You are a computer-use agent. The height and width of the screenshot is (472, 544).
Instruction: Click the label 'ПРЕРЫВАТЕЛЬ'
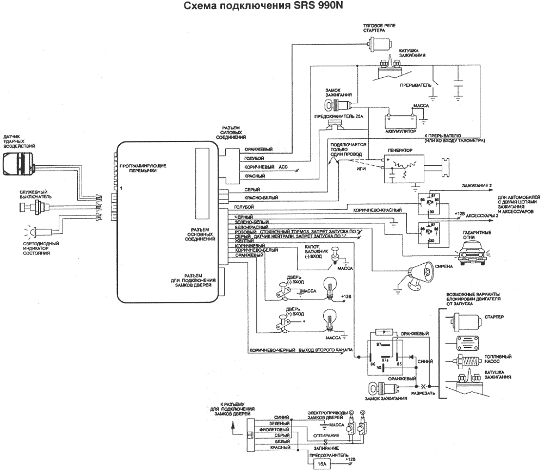pyautogui.click(x=416, y=85)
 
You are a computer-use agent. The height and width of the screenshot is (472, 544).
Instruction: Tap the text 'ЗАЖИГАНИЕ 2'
pyautogui.click(x=477, y=186)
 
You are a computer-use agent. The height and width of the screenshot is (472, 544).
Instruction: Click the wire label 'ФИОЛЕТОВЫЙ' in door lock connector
pyautogui.click(x=270, y=429)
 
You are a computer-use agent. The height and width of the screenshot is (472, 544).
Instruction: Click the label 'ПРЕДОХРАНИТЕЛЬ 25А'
pyautogui.click(x=332, y=116)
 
